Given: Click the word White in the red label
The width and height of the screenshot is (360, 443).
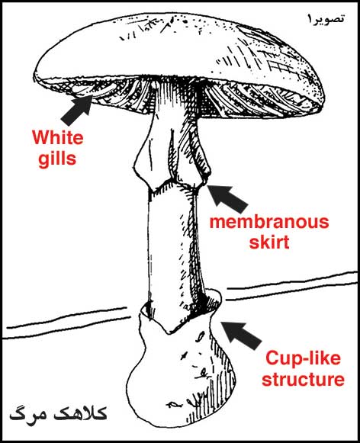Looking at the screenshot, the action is pos(58,137).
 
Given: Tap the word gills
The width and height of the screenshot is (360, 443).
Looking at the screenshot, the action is pos(57,159).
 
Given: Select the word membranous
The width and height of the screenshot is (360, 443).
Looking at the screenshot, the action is pos(269,222).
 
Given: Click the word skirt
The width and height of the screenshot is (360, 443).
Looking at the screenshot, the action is pos(269,242).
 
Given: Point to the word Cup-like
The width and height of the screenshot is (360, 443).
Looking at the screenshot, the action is pos(303,358).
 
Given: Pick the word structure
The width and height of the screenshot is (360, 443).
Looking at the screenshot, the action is pos(303,379).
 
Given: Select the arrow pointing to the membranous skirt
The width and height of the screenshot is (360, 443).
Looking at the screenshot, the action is pos(228,198).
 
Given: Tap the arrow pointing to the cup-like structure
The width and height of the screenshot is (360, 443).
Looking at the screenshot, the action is pos(241,335).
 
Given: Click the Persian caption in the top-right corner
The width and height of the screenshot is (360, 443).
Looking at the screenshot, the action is pos(325,19).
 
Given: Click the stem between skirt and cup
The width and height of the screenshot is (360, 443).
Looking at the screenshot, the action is pos(172,246).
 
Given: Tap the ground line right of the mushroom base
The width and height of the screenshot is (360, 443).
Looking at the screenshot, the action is pos(291,285).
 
